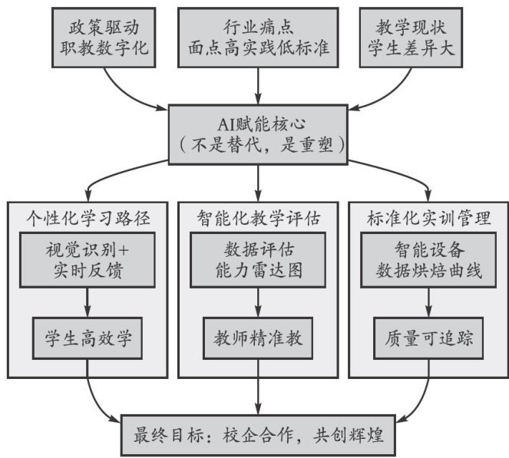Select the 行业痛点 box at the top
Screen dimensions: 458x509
click(257, 37)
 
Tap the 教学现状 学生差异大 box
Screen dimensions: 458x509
click(411, 37)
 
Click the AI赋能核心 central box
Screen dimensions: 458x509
click(258, 132)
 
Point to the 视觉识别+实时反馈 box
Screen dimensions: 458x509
click(88, 262)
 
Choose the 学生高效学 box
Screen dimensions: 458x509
click(88, 335)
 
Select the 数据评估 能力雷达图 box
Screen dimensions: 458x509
click(257, 262)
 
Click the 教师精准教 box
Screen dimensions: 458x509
click(257, 335)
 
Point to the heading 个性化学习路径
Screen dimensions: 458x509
click(88, 217)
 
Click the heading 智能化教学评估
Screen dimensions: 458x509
click(257, 217)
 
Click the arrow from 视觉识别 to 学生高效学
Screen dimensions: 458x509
click(88, 301)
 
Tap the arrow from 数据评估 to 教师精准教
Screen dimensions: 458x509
click(257, 301)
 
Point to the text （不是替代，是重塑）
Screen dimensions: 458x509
click(258, 143)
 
